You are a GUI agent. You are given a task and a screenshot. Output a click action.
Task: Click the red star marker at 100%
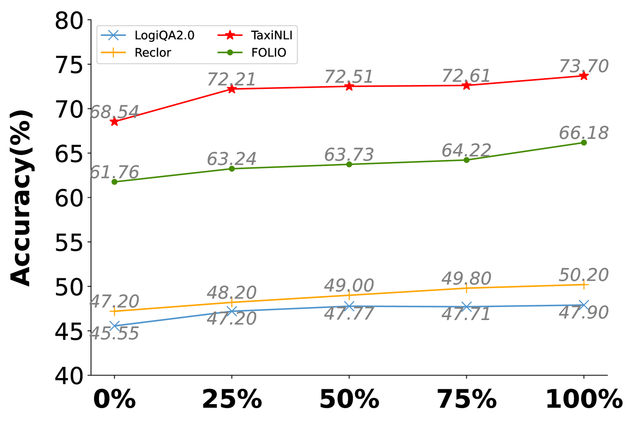584,76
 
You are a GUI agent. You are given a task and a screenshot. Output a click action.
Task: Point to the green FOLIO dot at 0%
114,182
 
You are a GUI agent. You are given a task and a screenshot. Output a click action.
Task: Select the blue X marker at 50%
349,306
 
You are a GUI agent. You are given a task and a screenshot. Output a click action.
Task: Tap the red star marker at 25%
232,89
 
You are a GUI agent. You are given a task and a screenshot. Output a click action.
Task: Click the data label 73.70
584,66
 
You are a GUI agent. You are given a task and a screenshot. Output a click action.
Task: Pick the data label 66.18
584,133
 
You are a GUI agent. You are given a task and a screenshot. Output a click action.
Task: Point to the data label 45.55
114,334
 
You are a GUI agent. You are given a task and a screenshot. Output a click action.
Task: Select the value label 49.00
349,285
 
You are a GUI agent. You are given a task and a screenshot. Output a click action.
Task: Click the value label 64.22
466,150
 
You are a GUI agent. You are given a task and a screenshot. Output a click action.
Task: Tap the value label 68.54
114,112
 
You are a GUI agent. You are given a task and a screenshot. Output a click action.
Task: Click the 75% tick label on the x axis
466,399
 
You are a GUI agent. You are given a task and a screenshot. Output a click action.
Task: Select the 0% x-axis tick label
114,399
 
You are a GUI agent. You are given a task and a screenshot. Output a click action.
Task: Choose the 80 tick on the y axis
69,21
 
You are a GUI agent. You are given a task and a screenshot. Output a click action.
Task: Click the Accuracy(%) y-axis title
21,198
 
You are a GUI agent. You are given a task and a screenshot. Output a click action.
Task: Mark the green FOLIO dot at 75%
466,160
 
